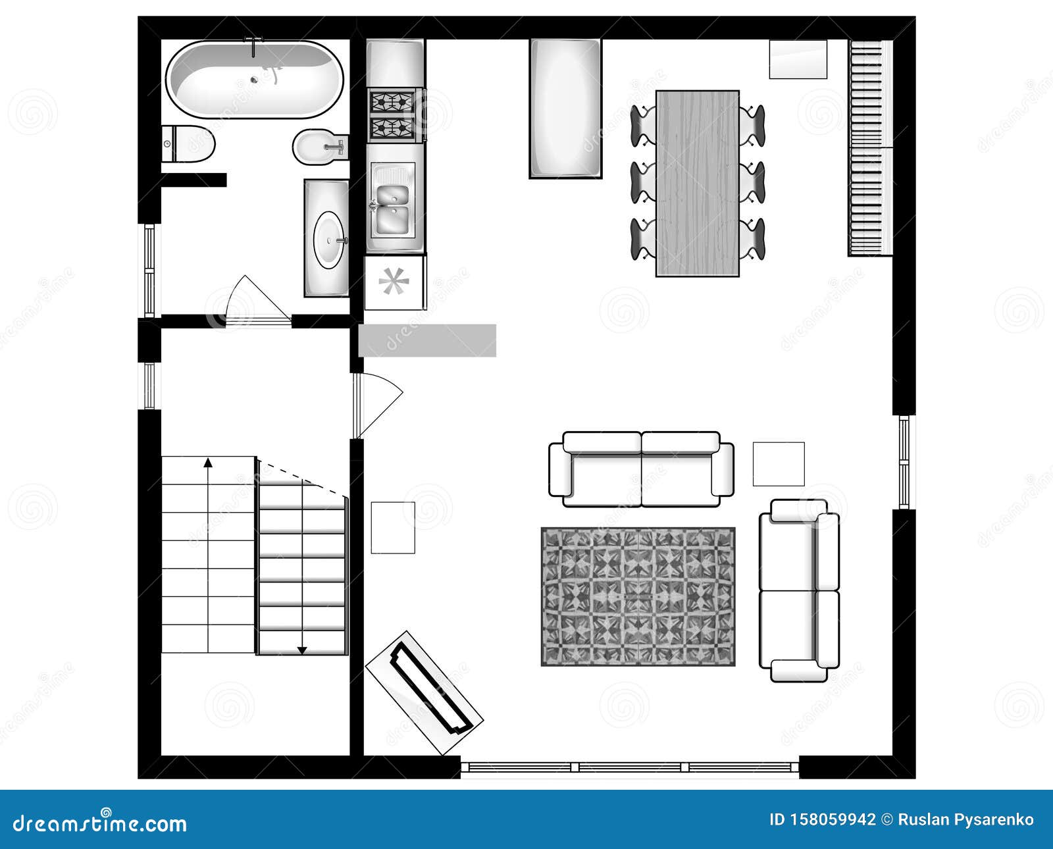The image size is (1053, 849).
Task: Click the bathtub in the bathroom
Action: pos(254,79)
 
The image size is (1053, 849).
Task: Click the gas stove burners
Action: pos(392,115)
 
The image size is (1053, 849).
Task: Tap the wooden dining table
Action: pos(698,183)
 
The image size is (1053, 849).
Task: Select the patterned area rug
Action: pos(638,596)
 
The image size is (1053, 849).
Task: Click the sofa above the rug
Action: pos(641,469)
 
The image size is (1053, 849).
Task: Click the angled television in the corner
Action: pos(424,692)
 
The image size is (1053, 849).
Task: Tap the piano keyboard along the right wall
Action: pos(869,147)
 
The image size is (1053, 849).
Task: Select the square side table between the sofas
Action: pos(779,464)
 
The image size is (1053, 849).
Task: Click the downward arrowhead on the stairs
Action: pos(302,650)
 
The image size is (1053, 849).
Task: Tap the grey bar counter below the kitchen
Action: pos(428,340)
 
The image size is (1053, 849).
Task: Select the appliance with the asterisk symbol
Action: pos(394,282)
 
